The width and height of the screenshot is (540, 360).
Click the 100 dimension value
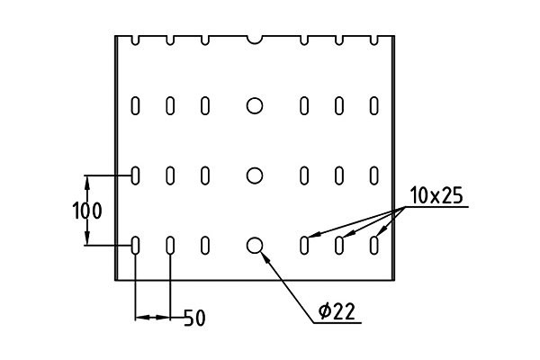(87, 211)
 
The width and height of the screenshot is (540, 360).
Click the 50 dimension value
(194, 318)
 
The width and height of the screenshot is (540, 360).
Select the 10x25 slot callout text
(436, 195)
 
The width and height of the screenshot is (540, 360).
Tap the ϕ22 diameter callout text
(337, 311)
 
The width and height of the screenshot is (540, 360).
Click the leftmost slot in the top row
(135, 106)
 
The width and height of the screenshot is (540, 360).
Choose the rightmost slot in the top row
(374, 106)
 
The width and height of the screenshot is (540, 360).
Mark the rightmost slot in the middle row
(374, 175)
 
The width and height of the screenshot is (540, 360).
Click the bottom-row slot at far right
(374, 246)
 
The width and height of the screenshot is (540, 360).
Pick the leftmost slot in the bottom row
(135, 246)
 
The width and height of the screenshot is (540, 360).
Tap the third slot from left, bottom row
(205, 246)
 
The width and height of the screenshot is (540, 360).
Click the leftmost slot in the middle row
(135, 175)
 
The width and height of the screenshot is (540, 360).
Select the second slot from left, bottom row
(170, 246)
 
